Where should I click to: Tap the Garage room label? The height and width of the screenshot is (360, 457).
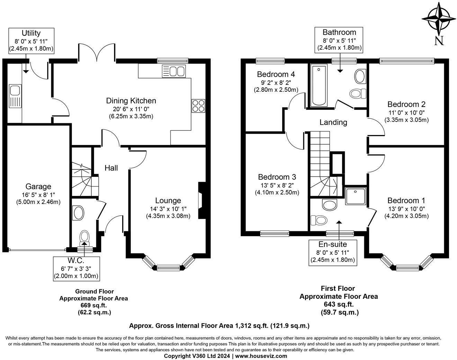tap(38, 187)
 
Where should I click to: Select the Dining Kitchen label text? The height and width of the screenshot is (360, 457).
tap(131, 101)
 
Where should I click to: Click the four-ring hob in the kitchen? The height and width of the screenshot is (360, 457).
tap(198, 106)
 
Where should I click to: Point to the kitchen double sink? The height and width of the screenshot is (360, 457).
tap(173, 72)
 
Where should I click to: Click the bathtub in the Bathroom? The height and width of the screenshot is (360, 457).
tap(319, 85)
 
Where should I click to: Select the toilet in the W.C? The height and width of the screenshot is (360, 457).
tap(84, 238)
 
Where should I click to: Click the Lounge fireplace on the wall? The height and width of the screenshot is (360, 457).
tap(201, 200)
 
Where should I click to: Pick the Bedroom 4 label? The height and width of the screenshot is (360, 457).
tap(276, 74)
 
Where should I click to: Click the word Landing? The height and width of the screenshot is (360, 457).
tap(333, 122)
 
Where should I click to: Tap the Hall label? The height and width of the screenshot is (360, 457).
tap(111, 168)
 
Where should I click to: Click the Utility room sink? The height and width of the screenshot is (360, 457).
tap(15, 91)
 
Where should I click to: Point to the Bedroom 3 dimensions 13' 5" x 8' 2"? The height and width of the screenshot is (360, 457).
tap(277, 185)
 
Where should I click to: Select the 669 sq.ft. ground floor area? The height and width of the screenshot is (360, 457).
tap(93, 305)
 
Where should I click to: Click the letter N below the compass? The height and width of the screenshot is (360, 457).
tap(439, 41)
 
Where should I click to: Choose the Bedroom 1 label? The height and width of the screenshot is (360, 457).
tap(406, 200)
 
